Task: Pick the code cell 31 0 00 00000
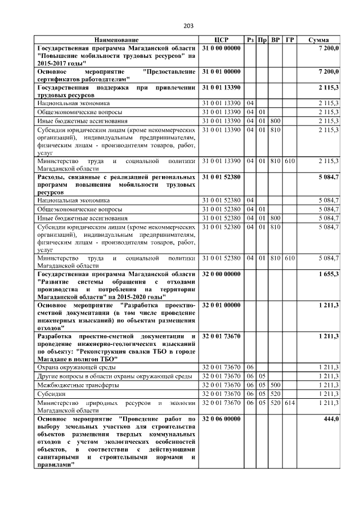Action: (x=221, y=49)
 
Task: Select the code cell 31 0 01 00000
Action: (x=221, y=72)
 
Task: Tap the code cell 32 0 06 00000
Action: (x=221, y=420)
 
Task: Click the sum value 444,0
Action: (x=330, y=420)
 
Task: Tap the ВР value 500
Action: (x=275, y=385)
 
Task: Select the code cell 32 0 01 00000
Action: (x=221, y=305)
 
